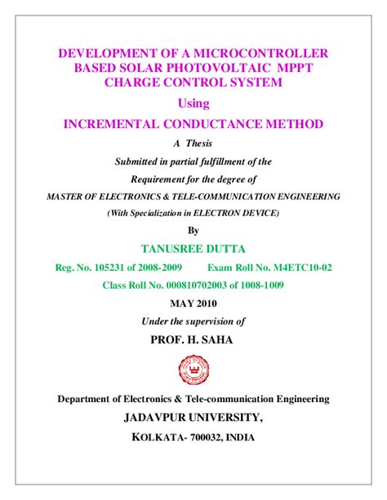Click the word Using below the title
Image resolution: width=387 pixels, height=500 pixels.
193,104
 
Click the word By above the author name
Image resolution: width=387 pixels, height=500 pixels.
193,230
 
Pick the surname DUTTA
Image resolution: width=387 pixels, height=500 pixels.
233,248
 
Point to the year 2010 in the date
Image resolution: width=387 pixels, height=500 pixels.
207,303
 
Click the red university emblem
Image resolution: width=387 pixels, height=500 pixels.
193,371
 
